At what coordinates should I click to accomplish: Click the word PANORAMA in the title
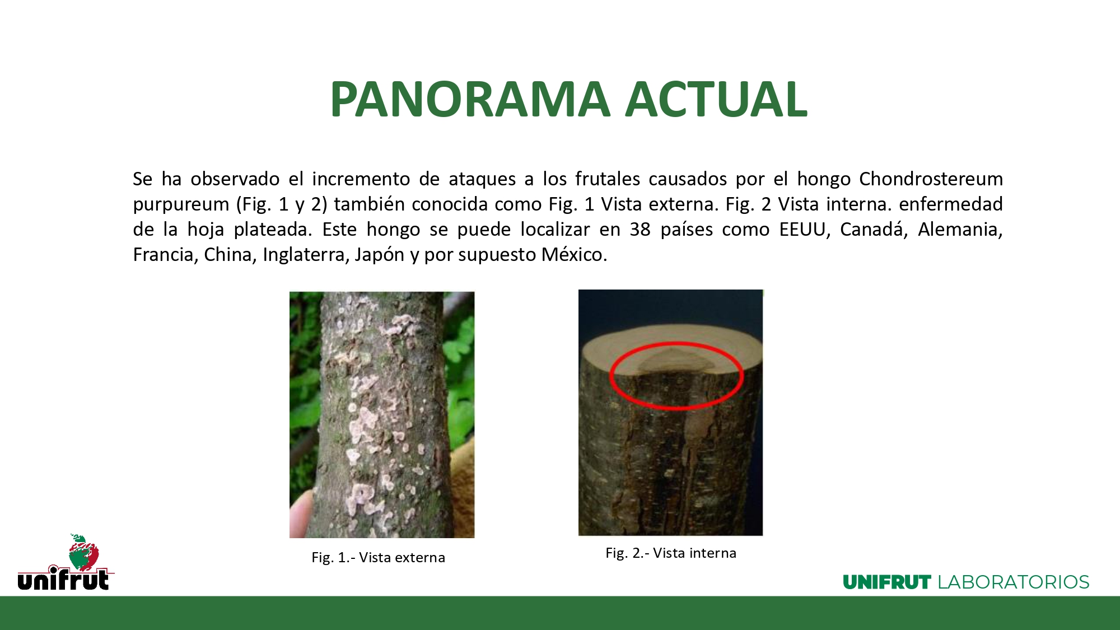470,99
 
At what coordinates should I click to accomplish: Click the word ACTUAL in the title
716,99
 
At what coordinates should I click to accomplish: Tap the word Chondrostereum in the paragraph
931,179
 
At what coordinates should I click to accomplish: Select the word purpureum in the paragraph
181,205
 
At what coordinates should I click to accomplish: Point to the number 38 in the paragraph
640,230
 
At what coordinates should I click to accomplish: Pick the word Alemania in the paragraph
960,230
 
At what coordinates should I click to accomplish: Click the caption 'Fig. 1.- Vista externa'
379,558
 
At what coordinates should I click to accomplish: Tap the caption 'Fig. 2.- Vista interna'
671,553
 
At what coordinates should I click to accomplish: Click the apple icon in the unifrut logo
83,552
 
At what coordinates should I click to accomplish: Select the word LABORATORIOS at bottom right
1014,582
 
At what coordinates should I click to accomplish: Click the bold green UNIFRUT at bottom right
887,582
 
